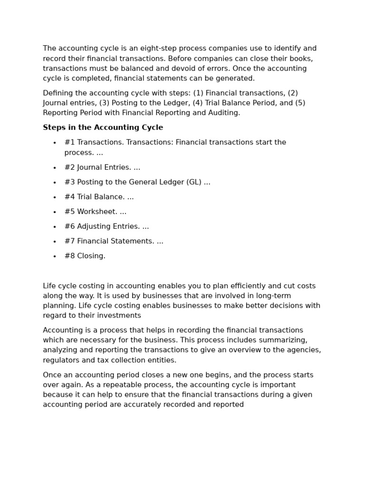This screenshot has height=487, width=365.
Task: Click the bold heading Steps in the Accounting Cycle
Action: (x=103, y=127)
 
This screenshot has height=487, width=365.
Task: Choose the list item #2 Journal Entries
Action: (x=102, y=167)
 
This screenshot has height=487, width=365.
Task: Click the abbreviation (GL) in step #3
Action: (x=194, y=182)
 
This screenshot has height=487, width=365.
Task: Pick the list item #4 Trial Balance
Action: (x=99, y=197)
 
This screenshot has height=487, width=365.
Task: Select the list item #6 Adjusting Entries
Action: (x=106, y=226)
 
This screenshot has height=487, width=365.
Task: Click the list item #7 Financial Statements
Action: (x=114, y=241)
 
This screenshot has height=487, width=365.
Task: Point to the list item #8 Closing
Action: (x=85, y=256)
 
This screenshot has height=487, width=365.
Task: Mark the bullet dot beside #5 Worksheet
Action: (x=55, y=212)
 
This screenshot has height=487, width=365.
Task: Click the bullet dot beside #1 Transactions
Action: (x=55, y=143)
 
